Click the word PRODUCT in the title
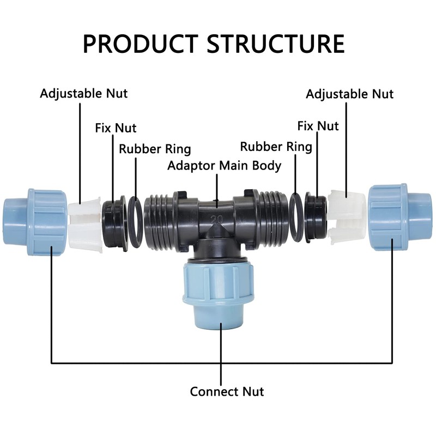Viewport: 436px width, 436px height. [x=142, y=44]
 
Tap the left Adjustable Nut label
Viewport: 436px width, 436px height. [x=83, y=93]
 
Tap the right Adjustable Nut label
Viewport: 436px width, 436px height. [x=349, y=94]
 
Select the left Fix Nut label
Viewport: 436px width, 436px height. [x=116, y=129]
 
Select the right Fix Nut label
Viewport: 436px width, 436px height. [x=318, y=126]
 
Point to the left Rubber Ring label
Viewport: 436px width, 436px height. [x=155, y=149]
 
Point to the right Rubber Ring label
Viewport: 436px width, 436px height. [x=276, y=147]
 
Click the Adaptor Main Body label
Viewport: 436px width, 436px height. [x=225, y=166]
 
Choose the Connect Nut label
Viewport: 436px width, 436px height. [x=227, y=391]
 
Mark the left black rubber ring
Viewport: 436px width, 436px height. [x=136, y=221]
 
